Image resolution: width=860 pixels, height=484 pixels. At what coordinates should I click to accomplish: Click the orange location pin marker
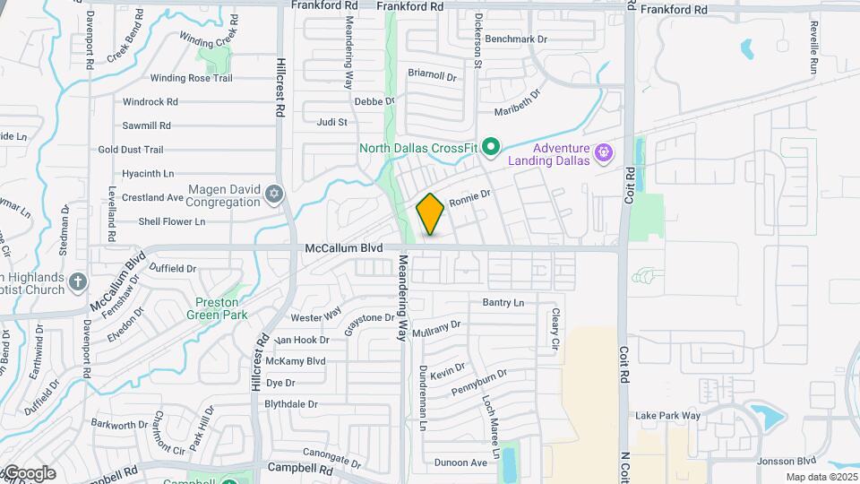click(430, 214)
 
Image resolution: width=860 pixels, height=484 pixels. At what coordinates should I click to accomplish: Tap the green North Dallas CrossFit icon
click(490, 145)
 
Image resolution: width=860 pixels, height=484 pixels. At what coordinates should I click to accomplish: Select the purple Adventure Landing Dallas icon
click(604, 153)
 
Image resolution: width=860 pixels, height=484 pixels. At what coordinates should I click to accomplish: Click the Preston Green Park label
click(215, 307)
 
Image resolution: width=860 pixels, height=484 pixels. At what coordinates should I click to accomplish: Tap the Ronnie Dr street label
click(470, 195)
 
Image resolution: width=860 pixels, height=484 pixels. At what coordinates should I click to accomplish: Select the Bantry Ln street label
click(503, 303)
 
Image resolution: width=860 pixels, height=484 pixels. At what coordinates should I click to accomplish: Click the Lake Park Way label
click(667, 416)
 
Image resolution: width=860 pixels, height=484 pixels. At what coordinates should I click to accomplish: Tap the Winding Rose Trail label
click(191, 78)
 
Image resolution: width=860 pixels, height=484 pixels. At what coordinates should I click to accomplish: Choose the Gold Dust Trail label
click(131, 150)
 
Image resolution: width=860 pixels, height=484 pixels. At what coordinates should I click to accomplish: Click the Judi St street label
click(331, 122)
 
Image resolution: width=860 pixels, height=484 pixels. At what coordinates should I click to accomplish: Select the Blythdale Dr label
click(291, 404)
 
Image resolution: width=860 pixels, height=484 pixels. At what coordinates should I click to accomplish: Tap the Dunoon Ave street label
click(460, 462)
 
